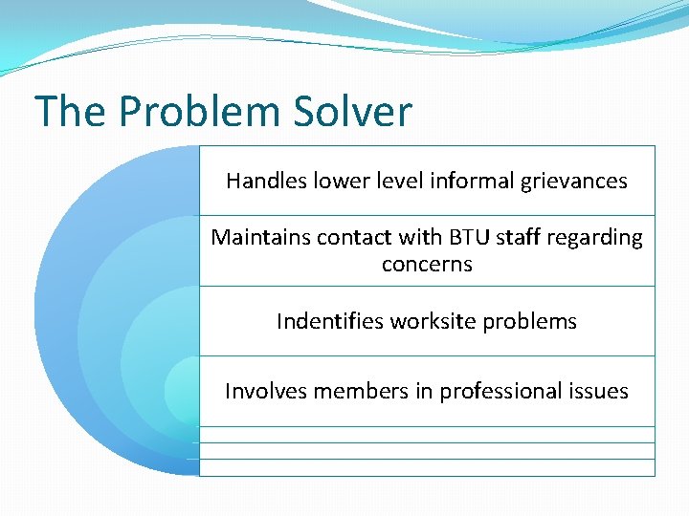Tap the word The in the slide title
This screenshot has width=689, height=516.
click(x=70, y=112)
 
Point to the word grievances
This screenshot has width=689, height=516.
click(x=575, y=181)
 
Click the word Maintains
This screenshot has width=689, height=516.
click(x=256, y=237)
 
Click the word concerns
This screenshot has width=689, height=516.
click(x=427, y=265)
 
